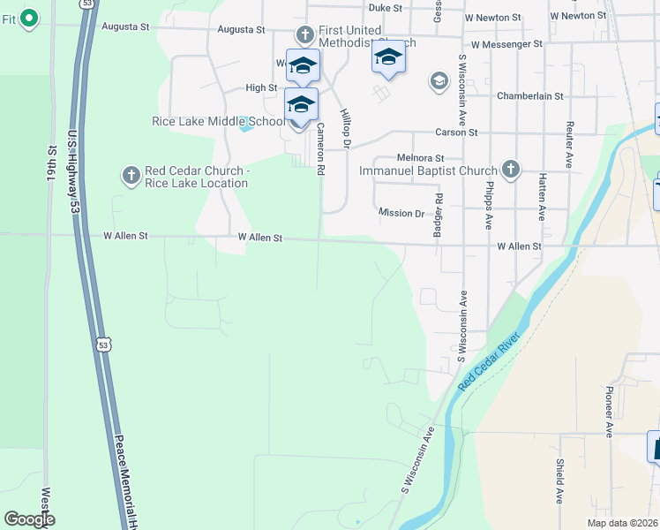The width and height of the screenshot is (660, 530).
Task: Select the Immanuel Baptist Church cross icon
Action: (x=510, y=169)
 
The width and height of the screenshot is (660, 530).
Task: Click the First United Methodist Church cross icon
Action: (x=304, y=35)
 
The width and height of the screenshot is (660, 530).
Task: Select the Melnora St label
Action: (x=419, y=157)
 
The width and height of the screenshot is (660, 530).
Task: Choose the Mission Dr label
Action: (x=401, y=213)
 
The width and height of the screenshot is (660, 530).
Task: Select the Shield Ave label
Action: (x=559, y=481)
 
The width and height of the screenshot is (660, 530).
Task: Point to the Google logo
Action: (x=29, y=519)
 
